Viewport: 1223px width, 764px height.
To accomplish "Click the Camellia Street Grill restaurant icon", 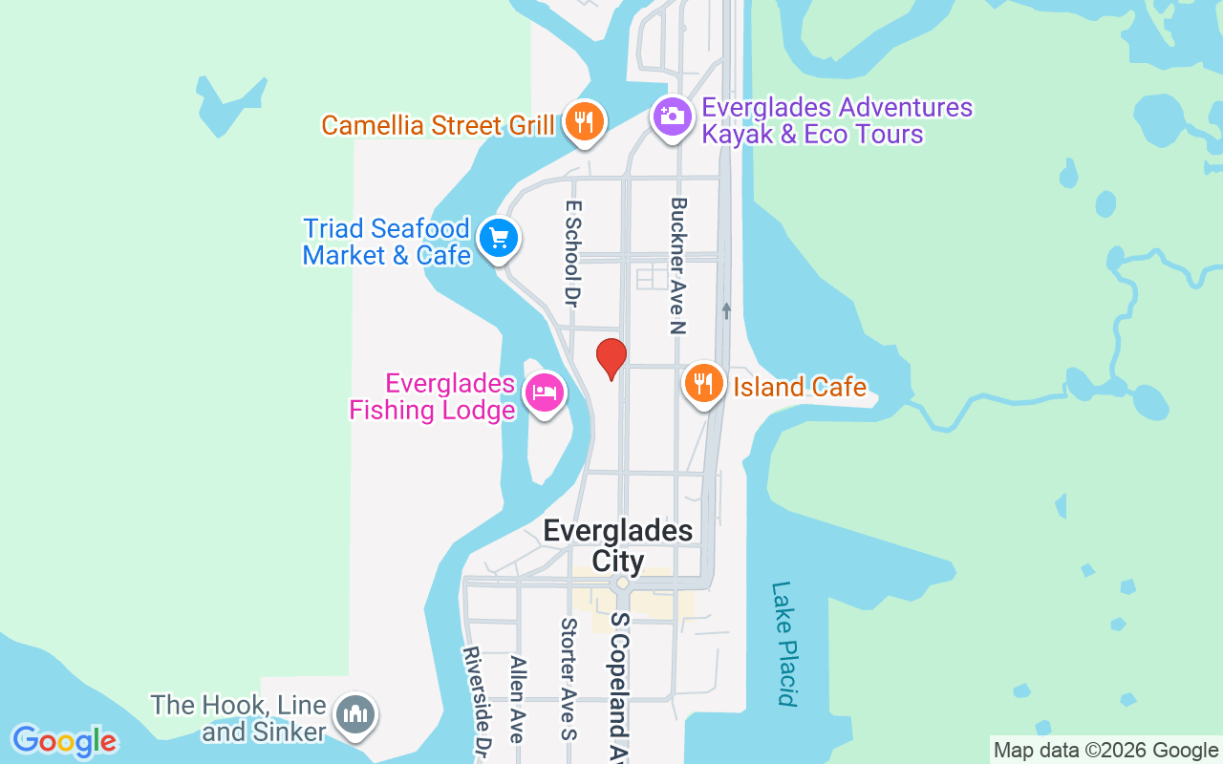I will (x=583, y=122).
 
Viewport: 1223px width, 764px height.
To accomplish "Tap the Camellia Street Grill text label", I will (x=438, y=125).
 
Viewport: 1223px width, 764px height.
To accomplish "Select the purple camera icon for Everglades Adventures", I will (x=672, y=117).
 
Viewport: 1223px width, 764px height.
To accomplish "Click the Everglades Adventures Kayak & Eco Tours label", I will (x=836, y=121).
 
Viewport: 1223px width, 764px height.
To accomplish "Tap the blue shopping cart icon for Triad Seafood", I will (x=498, y=238).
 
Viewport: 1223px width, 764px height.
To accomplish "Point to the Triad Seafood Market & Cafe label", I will (x=386, y=242).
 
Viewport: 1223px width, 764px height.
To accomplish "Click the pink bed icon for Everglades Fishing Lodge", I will (x=545, y=392).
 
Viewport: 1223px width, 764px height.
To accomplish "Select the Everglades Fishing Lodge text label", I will (x=433, y=397).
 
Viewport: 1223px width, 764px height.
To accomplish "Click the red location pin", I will (x=611, y=359).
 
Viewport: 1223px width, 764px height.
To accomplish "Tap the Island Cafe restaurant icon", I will (x=703, y=384).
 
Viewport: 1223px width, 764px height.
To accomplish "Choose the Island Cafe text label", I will (x=800, y=387).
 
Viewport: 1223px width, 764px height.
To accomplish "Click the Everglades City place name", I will (x=618, y=545).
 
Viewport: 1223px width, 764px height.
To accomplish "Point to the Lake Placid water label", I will (x=784, y=643).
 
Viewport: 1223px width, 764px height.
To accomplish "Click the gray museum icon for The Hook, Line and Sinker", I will (x=355, y=713).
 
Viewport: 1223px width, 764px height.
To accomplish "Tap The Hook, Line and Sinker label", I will (x=239, y=718).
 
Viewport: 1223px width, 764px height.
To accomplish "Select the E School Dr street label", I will (x=573, y=252).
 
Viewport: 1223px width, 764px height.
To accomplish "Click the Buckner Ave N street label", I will (x=678, y=265).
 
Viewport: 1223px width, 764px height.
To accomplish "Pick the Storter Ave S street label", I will (x=569, y=679).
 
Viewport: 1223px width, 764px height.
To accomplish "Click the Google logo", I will (x=64, y=741).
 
